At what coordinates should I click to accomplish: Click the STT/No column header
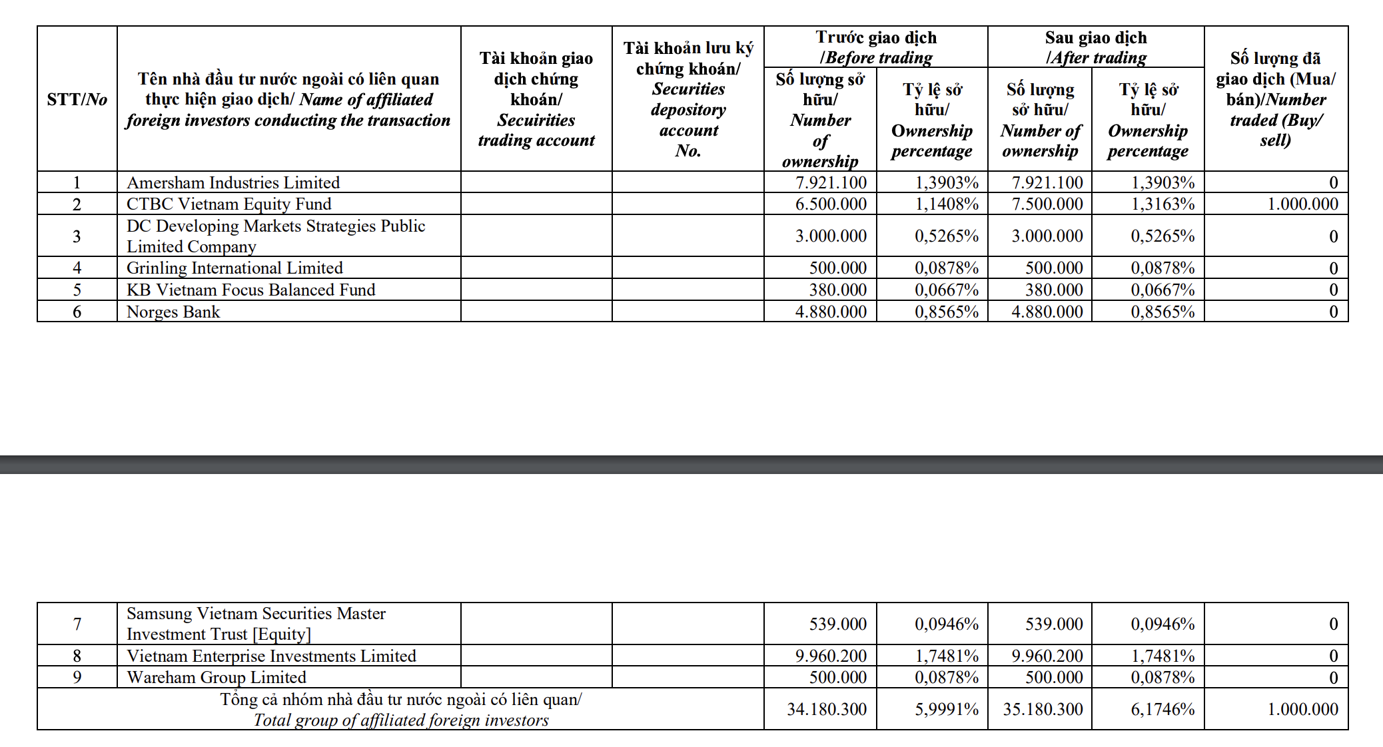pyautogui.click(x=77, y=100)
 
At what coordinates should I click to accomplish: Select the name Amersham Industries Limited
pyautogui.click(x=233, y=182)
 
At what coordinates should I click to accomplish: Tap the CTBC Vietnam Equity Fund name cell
pyautogui.click(x=229, y=204)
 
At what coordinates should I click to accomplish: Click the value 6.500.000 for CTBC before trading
pyautogui.click(x=831, y=204)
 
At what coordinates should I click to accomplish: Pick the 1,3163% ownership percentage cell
pyautogui.click(x=1162, y=204)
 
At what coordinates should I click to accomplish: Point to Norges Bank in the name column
pyautogui.click(x=173, y=312)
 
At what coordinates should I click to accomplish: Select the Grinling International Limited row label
pyautogui.click(x=234, y=268)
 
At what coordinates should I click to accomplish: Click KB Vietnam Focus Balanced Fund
pyautogui.click(x=250, y=290)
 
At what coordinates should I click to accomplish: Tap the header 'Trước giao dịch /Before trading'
pyautogui.click(x=876, y=47)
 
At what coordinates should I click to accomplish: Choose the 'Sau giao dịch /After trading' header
pyautogui.click(x=1096, y=47)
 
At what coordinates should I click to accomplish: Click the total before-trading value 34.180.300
pyautogui.click(x=827, y=709)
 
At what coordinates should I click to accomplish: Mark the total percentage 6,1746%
pyautogui.click(x=1162, y=709)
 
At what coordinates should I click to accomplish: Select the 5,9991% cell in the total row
pyautogui.click(x=947, y=709)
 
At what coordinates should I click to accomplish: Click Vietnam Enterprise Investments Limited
pyautogui.click(x=271, y=656)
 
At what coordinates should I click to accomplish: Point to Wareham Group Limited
pyautogui.click(x=217, y=677)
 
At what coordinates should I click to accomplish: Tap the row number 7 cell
pyautogui.click(x=77, y=624)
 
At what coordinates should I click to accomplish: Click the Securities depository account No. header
pyautogui.click(x=688, y=99)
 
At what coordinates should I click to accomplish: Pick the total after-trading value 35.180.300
pyautogui.click(x=1043, y=709)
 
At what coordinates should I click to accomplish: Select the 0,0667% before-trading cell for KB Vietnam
pyautogui.click(x=947, y=290)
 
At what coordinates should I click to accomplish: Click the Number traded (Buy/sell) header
pyautogui.click(x=1276, y=99)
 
